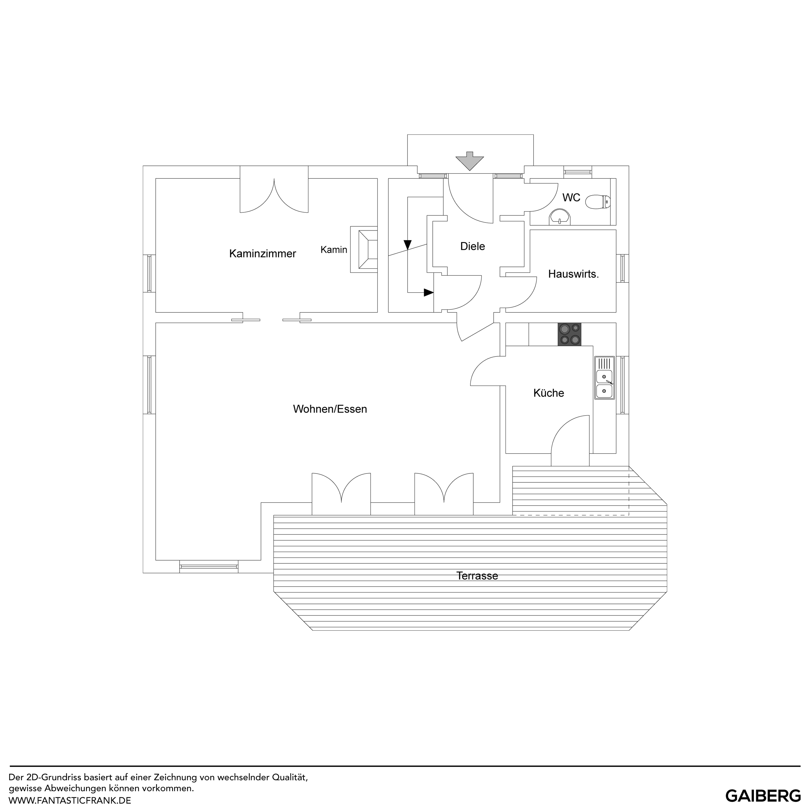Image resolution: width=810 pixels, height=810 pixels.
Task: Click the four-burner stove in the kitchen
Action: coord(569,334)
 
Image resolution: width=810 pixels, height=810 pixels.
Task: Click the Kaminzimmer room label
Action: coord(262,254)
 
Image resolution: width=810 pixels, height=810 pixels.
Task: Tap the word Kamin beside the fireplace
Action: coord(334,250)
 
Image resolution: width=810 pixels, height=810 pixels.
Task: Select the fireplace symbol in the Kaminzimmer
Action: coord(364,250)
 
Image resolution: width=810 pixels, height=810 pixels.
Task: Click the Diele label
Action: coord(472,246)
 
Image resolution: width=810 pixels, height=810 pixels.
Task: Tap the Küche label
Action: coord(548,393)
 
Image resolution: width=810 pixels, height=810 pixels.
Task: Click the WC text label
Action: coord(571,197)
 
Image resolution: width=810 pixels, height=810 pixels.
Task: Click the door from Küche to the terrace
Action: coord(570,440)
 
